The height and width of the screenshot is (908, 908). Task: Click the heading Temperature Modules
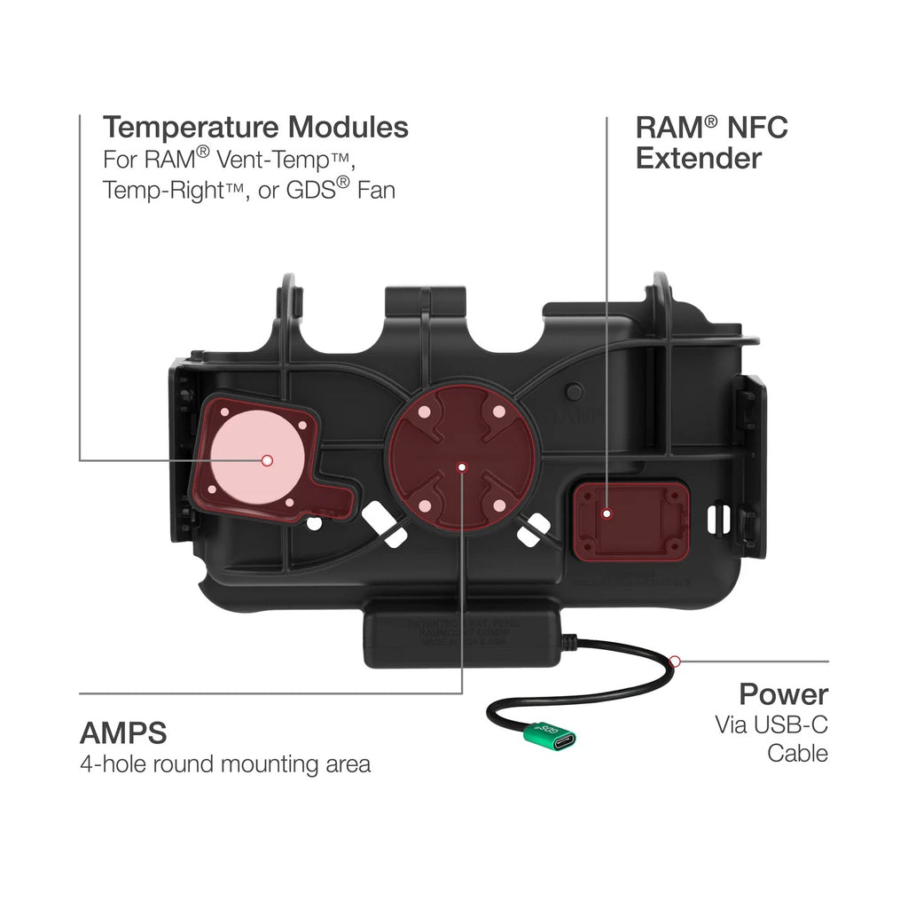255,128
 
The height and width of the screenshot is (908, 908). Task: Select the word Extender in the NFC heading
699,159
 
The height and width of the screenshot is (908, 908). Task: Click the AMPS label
123,733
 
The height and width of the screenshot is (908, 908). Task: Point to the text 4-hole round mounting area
225,764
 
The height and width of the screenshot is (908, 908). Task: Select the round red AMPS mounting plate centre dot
460,466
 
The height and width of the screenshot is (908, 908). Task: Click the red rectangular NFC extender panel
630,521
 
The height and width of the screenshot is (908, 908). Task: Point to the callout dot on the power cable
675,661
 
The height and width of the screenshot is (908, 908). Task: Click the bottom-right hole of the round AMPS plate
498,505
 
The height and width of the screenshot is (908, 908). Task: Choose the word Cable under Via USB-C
797,754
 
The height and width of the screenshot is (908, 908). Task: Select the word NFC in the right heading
755,128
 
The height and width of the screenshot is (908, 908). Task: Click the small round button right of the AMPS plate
575,390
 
